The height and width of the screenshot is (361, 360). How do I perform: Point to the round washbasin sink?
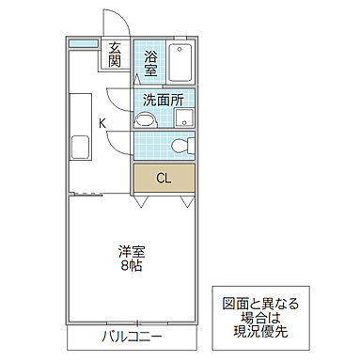click(145, 118)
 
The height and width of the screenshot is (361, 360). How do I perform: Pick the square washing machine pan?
click(185, 118)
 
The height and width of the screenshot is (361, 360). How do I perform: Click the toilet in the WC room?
click(180, 146)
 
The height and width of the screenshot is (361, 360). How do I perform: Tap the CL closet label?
click(163, 177)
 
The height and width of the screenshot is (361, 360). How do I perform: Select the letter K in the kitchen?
click(102, 123)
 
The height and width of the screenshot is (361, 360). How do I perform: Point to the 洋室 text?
click(131, 251)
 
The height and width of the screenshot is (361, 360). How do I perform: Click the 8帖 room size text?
click(131, 267)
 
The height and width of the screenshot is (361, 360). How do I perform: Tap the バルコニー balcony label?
click(133, 337)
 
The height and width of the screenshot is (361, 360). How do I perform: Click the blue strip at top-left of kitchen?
click(84, 44)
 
